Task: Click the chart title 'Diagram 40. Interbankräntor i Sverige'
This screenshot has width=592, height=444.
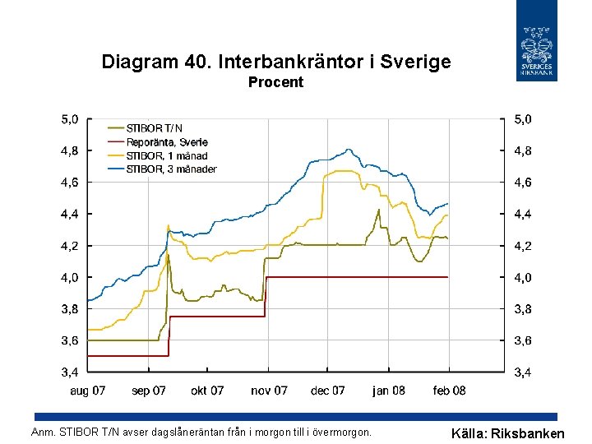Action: pyautogui.click(x=276, y=62)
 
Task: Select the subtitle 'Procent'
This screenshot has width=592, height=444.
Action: pyautogui.click(x=276, y=82)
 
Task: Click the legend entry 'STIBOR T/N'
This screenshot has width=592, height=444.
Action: pyautogui.click(x=154, y=128)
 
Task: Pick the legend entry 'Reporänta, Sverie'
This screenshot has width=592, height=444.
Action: pyautogui.click(x=166, y=142)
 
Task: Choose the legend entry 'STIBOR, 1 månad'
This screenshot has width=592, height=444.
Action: pyautogui.click(x=166, y=155)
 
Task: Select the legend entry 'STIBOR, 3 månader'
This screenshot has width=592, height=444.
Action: pyautogui.click(x=170, y=169)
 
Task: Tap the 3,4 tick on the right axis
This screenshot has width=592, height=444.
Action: pyautogui.click(x=522, y=372)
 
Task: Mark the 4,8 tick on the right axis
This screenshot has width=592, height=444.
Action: pyautogui.click(x=522, y=151)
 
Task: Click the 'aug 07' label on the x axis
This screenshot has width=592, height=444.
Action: pyautogui.click(x=87, y=391)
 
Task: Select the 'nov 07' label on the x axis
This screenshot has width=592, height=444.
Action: pyautogui.click(x=269, y=391)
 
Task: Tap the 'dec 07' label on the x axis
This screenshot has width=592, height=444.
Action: pyautogui.click(x=328, y=391)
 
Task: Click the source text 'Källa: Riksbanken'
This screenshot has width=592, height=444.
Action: pyautogui.click(x=508, y=433)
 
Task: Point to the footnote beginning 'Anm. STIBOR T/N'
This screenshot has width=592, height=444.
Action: pyautogui.click(x=201, y=432)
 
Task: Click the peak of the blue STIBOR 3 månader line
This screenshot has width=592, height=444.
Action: pyautogui.click(x=349, y=150)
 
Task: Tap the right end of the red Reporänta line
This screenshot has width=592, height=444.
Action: pyautogui.click(x=448, y=277)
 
